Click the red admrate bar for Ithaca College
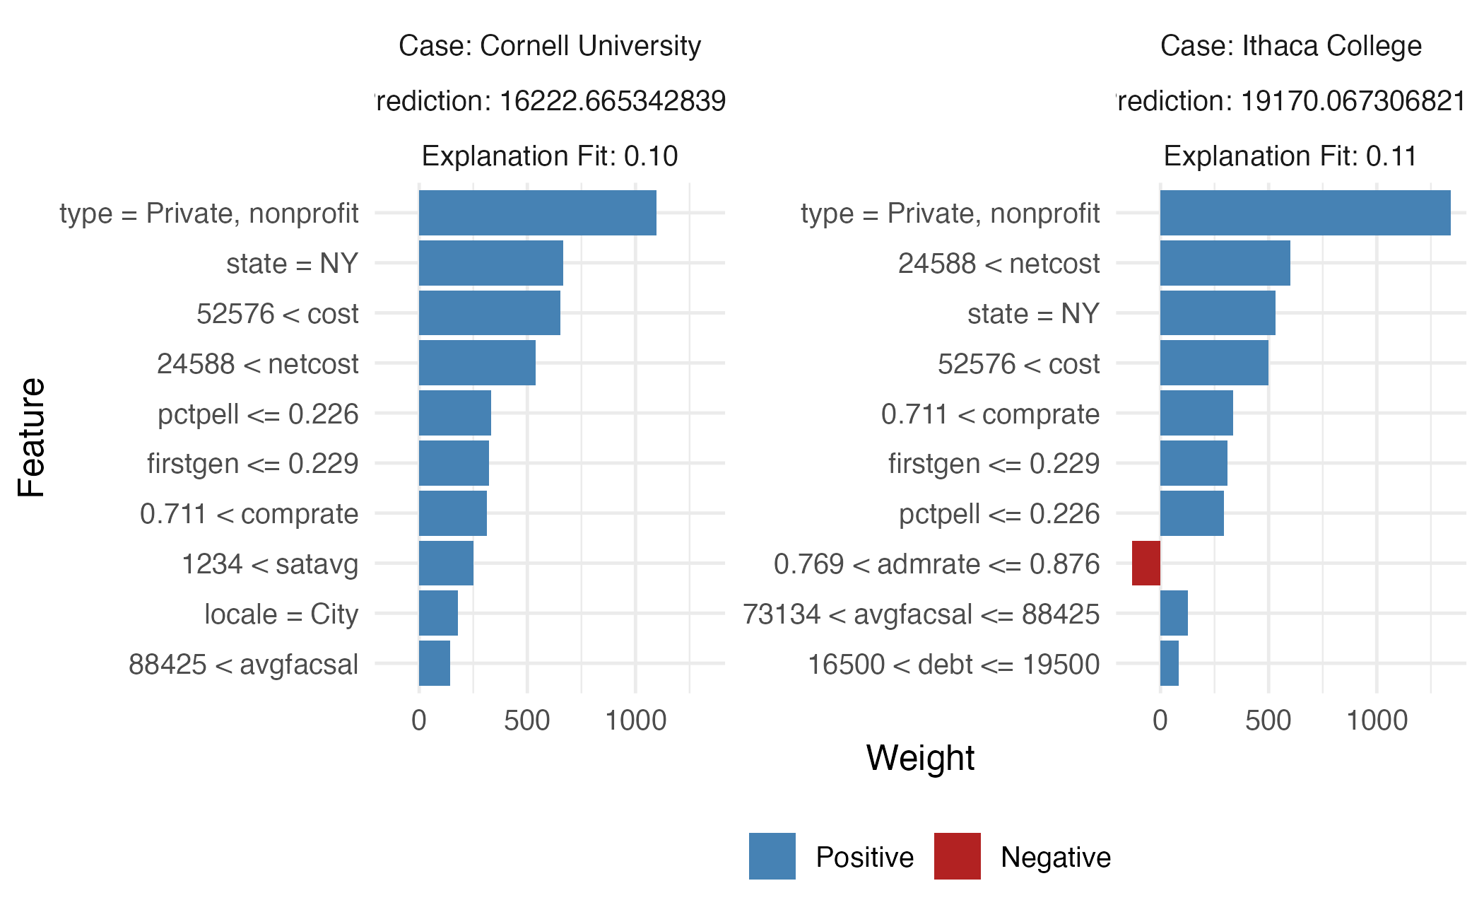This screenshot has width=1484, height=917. [x=1146, y=563]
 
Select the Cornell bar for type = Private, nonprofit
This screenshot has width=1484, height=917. [x=537, y=213]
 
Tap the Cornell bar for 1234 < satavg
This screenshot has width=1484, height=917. [x=446, y=563]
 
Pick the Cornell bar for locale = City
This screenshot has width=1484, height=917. [x=438, y=614]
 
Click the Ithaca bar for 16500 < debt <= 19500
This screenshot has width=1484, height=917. [x=1170, y=664]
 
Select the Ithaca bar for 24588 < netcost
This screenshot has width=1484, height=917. [x=1225, y=263]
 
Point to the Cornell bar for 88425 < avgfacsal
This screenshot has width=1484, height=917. [x=435, y=664]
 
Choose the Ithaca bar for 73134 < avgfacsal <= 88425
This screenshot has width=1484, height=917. [x=1174, y=614]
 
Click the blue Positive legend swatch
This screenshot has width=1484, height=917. [x=772, y=856]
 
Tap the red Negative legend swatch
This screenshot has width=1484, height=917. [x=957, y=856]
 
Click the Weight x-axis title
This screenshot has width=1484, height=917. [x=920, y=758]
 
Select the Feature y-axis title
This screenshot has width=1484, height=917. [x=32, y=437]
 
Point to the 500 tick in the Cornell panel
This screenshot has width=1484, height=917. [x=526, y=721]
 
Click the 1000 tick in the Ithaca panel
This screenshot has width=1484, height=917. [x=1377, y=721]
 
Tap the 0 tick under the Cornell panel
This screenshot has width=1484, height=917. [x=419, y=721]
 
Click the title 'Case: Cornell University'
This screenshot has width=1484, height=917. [x=550, y=46]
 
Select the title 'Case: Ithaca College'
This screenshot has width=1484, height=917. [x=1290, y=46]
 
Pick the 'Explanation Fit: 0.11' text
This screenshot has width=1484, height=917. [x=1290, y=156]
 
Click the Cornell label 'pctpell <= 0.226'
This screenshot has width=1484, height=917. [x=258, y=414]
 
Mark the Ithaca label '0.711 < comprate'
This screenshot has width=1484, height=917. [x=990, y=414]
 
